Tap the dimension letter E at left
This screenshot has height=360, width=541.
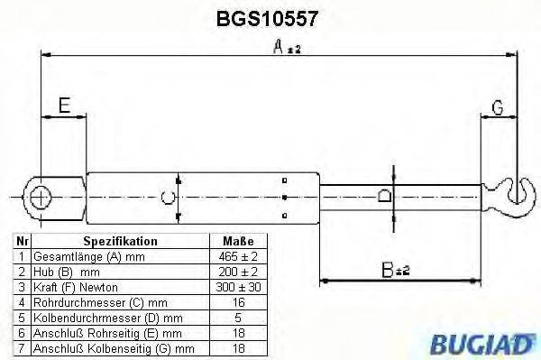(x=64, y=106)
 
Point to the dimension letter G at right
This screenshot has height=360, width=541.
(x=497, y=108)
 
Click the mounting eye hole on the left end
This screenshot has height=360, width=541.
(x=41, y=194)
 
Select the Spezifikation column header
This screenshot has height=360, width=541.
(x=120, y=242)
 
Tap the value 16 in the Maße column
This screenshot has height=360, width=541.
(x=237, y=301)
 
